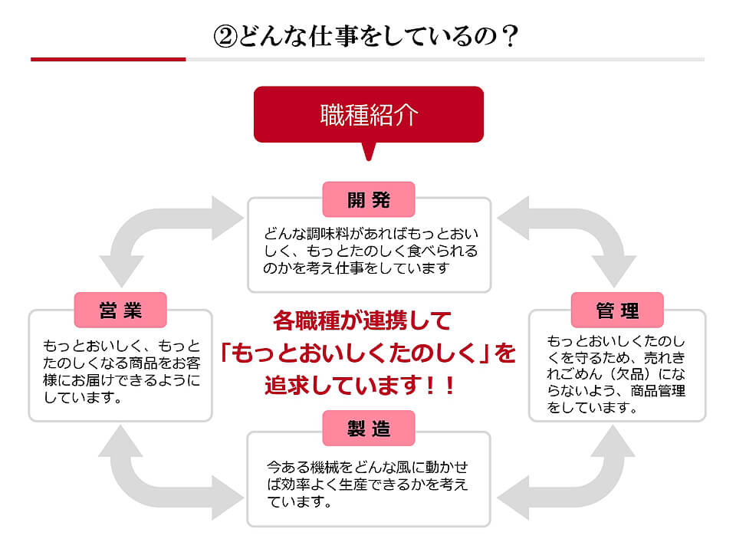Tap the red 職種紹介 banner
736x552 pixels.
point(368,114)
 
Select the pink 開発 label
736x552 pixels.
point(369,200)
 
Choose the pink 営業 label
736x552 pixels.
point(120,310)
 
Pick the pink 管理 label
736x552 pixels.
point(617,310)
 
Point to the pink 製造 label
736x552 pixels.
point(369,429)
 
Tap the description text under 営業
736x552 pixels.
point(121,371)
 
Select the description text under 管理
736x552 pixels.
point(616,374)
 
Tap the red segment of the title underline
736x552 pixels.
point(108,59)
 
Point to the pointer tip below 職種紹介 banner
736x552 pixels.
point(369,156)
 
